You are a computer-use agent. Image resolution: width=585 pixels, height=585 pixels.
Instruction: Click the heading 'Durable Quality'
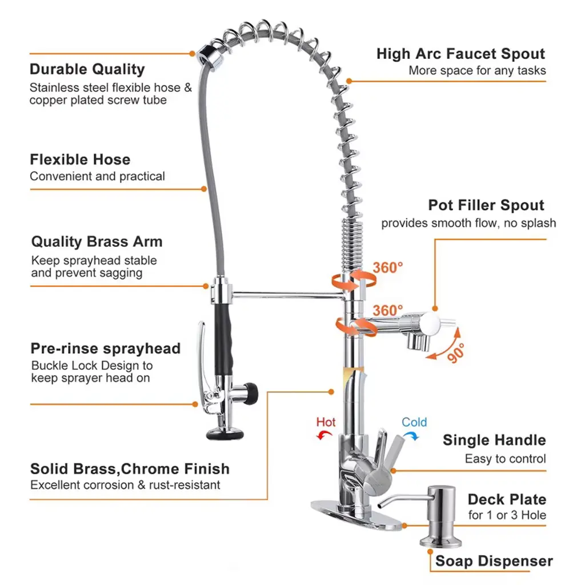(87, 69)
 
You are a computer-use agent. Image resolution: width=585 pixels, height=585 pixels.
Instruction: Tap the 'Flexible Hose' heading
(80, 160)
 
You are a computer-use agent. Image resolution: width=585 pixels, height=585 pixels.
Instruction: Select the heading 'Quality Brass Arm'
(97, 242)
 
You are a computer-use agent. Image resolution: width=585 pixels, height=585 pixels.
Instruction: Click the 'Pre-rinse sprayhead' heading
(106, 348)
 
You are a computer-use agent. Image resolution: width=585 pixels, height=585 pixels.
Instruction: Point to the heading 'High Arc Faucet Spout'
(461, 54)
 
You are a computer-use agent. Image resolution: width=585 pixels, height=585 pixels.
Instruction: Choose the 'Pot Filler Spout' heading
(486, 205)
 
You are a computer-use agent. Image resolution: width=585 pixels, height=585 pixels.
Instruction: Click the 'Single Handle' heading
(494, 440)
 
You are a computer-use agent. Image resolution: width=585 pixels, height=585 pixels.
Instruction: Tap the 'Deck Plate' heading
(507, 499)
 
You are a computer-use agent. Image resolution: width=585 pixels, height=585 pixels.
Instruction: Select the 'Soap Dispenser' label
(494, 561)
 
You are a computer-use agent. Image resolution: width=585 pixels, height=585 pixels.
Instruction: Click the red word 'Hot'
(326, 422)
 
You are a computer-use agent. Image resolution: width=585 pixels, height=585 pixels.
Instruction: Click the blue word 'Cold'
(414, 422)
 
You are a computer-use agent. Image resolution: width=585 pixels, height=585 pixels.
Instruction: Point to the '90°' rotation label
(456, 353)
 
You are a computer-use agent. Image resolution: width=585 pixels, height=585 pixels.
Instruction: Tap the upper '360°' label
(388, 267)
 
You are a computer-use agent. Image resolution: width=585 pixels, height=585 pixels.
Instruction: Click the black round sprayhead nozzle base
(225, 434)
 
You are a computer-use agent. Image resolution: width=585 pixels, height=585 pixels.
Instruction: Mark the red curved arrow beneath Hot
(324, 435)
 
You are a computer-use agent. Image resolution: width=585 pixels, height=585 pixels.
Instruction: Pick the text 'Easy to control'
(505, 459)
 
